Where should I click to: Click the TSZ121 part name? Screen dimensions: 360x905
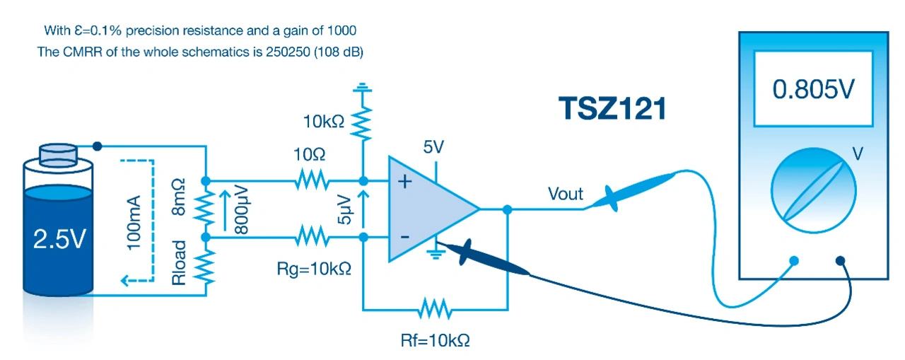pyautogui.click(x=612, y=109)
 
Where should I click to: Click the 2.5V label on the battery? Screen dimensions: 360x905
pyautogui.click(x=59, y=240)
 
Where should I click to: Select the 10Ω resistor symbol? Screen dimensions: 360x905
pyautogui.click(x=312, y=180)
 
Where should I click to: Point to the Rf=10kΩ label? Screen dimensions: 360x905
pyautogui.click(x=435, y=340)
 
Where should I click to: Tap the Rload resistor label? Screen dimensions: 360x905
pyautogui.click(x=181, y=263)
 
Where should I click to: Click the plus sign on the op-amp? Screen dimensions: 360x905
pyautogui.click(x=405, y=182)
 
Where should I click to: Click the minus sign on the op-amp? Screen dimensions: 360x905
pyautogui.click(x=405, y=236)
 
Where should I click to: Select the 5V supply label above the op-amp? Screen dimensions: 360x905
pyautogui.click(x=434, y=148)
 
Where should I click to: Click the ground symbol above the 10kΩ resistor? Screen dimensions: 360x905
pyautogui.click(x=363, y=88)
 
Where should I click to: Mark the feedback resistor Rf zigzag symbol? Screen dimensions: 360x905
pyautogui.click(x=434, y=309)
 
